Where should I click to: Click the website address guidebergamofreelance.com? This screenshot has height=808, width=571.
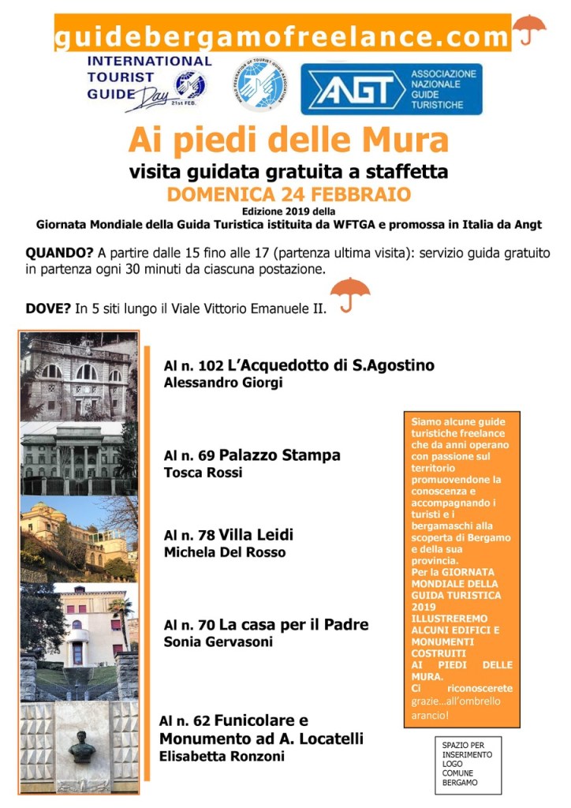click(x=282, y=36)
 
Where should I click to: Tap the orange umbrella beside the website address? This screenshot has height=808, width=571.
click(x=529, y=31)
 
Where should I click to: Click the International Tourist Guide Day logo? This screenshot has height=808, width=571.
click(x=148, y=82)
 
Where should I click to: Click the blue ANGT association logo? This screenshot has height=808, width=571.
click(x=391, y=88)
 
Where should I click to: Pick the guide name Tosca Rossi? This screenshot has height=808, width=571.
click(x=203, y=473)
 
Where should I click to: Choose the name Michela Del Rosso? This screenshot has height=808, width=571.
click(x=225, y=552)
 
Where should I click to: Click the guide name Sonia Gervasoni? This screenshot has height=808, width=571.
click(x=218, y=642)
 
